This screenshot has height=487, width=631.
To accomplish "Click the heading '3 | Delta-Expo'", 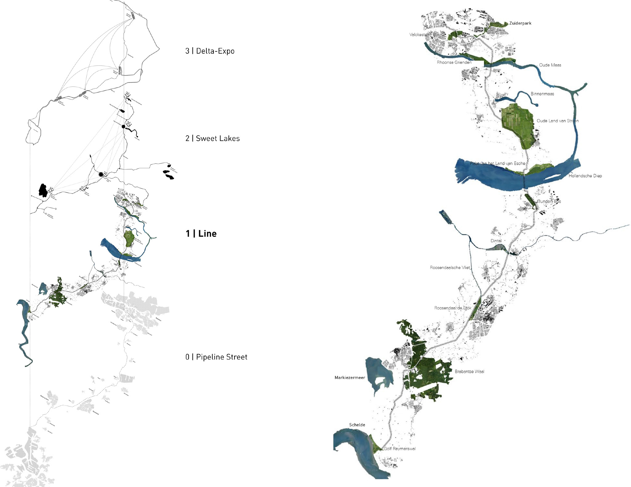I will [x=210, y=51].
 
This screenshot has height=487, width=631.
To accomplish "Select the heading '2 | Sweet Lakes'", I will [x=212, y=138].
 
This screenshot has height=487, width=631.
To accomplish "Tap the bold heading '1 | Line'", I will [x=201, y=233].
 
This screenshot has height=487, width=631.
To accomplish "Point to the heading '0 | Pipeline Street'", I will [x=216, y=357].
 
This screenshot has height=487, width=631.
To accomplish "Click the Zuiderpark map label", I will [x=520, y=23].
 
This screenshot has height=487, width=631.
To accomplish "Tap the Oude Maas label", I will [x=550, y=65].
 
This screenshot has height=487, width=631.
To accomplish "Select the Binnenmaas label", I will [x=542, y=94].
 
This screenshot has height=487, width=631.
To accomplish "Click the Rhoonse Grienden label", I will [x=454, y=62].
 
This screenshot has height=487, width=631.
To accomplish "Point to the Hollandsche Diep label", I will [x=585, y=176].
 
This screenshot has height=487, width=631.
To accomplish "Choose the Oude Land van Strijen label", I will [x=557, y=121].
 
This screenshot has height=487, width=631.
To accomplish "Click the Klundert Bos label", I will [x=549, y=201].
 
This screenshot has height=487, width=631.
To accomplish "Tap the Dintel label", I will [x=496, y=241].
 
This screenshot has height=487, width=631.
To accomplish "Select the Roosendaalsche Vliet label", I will [x=450, y=267].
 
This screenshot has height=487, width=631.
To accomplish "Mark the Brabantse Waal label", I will [x=469, y=371].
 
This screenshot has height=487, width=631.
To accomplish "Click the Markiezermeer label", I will [x=350, y=378].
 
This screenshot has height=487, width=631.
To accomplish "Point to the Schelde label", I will [x=357, y=425].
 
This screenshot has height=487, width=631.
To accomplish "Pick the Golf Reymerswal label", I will [x=400, y=448].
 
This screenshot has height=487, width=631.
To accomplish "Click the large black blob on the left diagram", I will [x=43, y=190].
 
